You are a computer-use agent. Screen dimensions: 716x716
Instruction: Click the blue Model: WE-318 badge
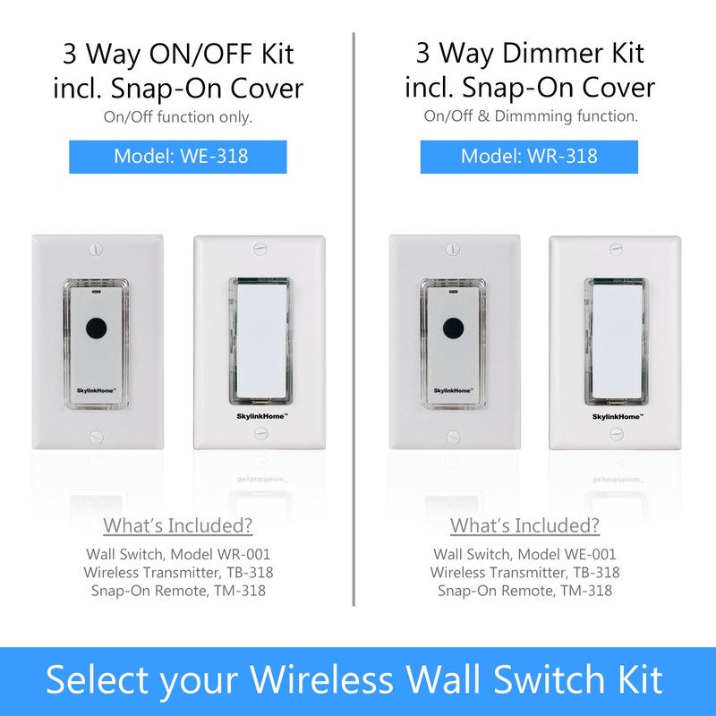click(x=178, y=157)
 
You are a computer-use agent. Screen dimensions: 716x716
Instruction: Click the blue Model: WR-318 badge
click(x=529, y=157)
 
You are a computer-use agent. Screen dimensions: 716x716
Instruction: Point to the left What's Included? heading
click(x=178, y=525)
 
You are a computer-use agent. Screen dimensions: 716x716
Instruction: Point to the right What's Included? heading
click(x=524, y=525)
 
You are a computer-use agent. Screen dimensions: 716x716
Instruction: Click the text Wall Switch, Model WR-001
click(x=178, y=555)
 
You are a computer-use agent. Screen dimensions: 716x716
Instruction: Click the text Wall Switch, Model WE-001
click(x=524, y=555)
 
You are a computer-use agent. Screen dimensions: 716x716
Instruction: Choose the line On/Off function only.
click(x=178, y=115)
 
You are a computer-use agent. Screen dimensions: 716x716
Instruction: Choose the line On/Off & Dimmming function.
click(x=531, y=115)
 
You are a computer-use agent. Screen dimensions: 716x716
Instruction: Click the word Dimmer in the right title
click(x=532, y=54)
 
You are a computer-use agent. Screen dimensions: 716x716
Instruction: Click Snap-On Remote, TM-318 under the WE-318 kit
click(x=178, y=590)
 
